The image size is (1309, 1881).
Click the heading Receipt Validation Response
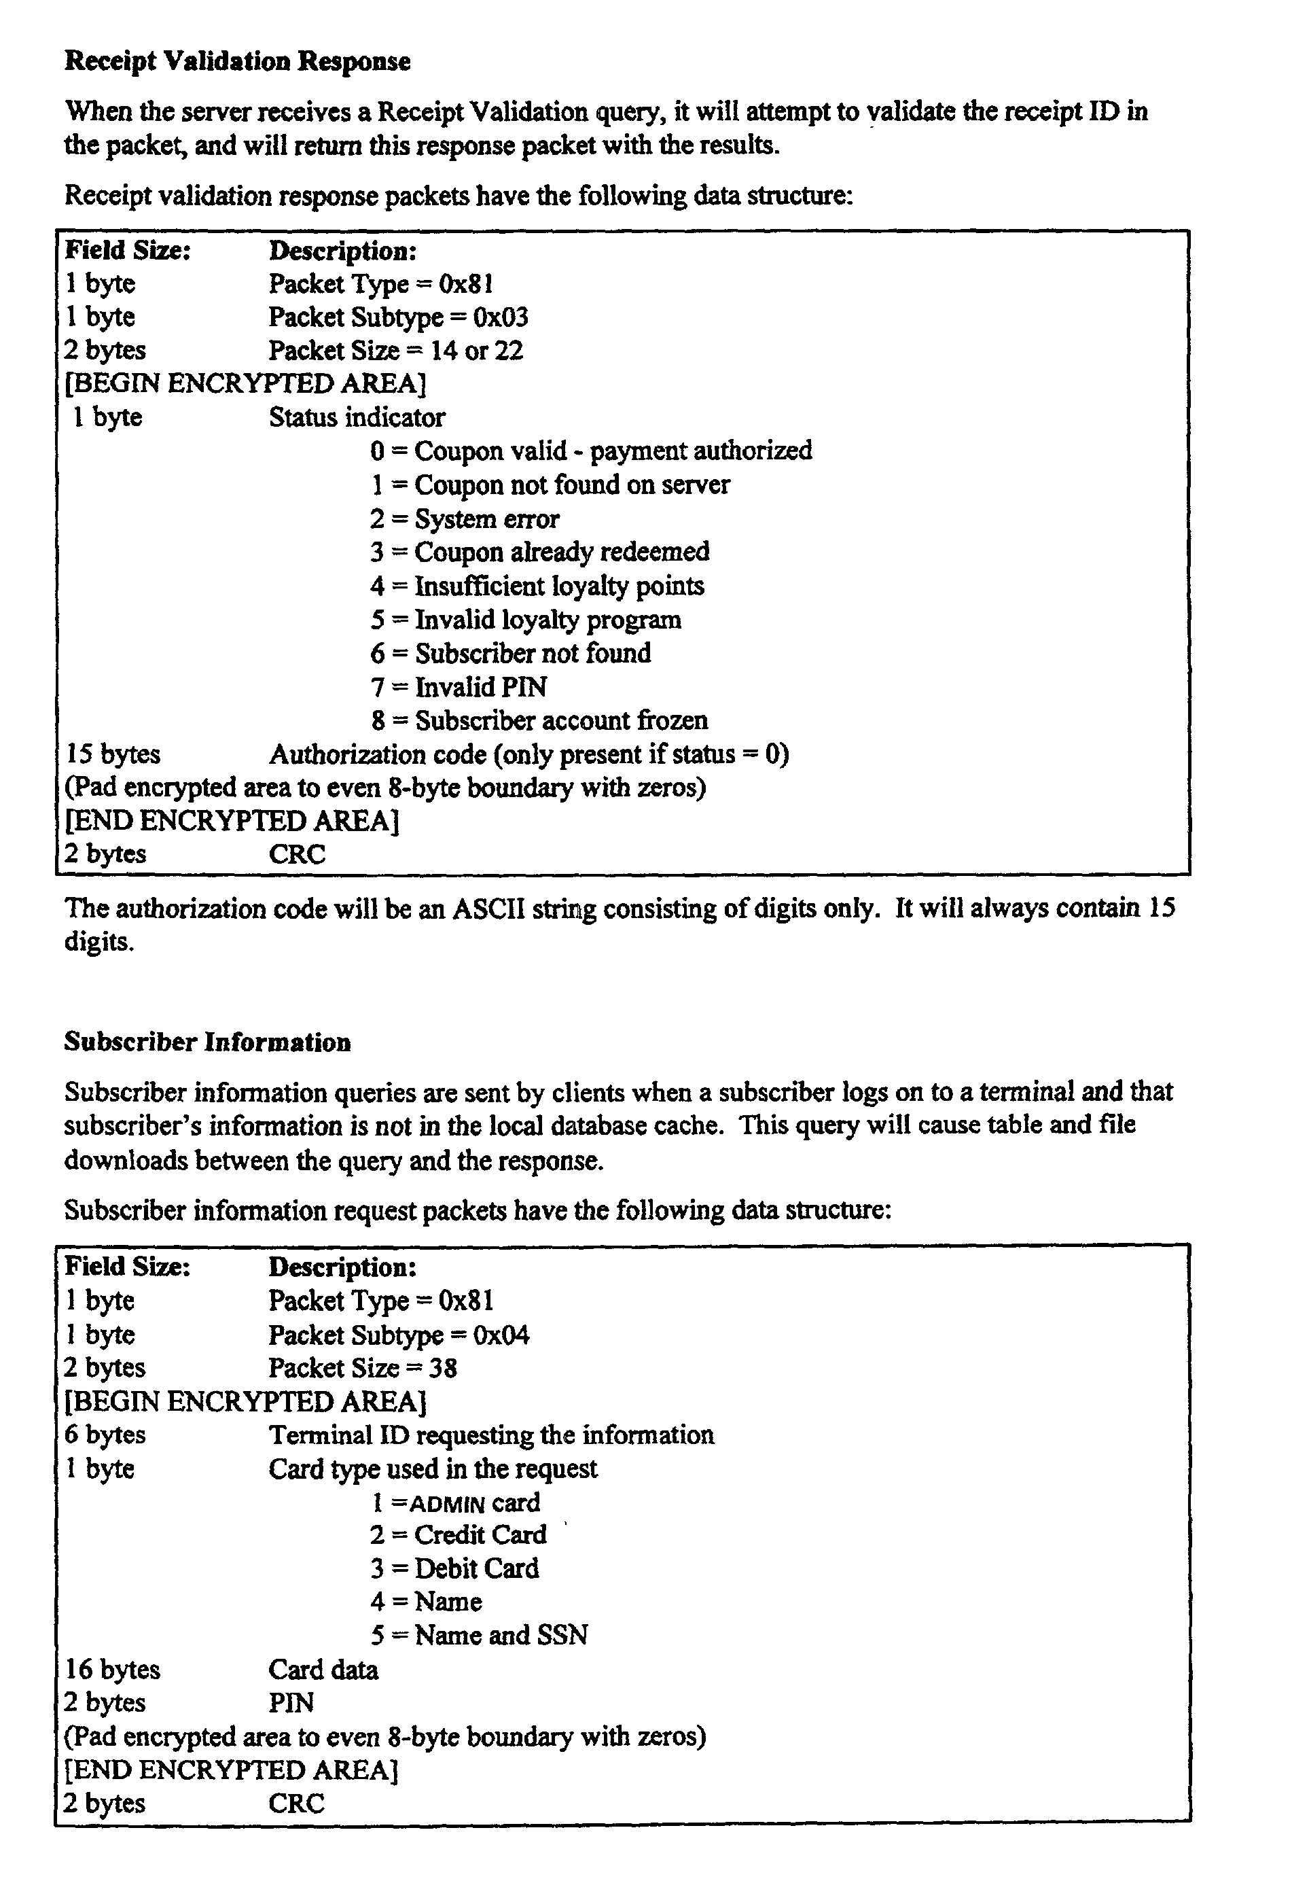point(238,61)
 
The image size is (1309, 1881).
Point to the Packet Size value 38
point(442,1368)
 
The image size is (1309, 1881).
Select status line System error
point(465,518)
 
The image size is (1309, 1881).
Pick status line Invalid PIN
point(459,686)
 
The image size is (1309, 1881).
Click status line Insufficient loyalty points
point(537,586)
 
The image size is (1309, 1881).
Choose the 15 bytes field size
point(113,754)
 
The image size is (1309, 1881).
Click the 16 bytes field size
point(113,1670)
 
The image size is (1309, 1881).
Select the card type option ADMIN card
point(455,1503)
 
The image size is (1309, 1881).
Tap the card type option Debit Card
point(454,1569)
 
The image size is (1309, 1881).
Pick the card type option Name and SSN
point(479,1635)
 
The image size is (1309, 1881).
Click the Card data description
point(323,1670)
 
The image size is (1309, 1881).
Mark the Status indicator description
point(357,418)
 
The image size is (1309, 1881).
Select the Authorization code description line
point(528,754)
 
